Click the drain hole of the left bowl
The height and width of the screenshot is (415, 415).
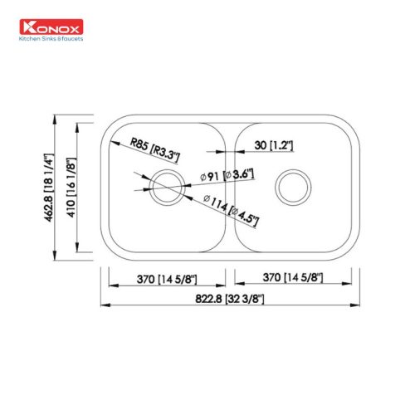164,186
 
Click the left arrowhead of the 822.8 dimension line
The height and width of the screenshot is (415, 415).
104,304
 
